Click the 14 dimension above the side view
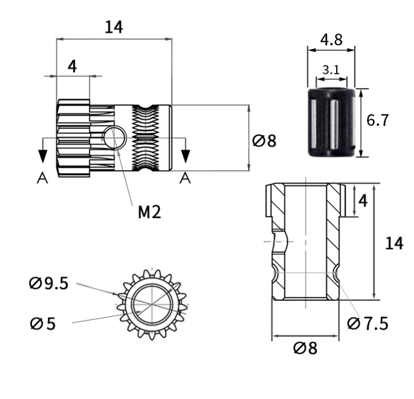(114, 27)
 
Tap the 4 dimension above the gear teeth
(72, 66)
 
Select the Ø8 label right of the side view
(264, 141)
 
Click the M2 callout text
(149, 212)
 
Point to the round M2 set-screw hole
(115, 137)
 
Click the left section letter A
(42, 178)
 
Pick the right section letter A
(185, 178)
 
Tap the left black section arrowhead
(42, 155)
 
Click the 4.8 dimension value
(331, 40)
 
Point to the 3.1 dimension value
(330, 70)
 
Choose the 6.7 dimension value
(377, 120)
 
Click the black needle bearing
(331, 122)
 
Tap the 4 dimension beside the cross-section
(363, 201)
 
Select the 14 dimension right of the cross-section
(394, 244)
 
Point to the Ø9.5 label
(49, 283)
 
